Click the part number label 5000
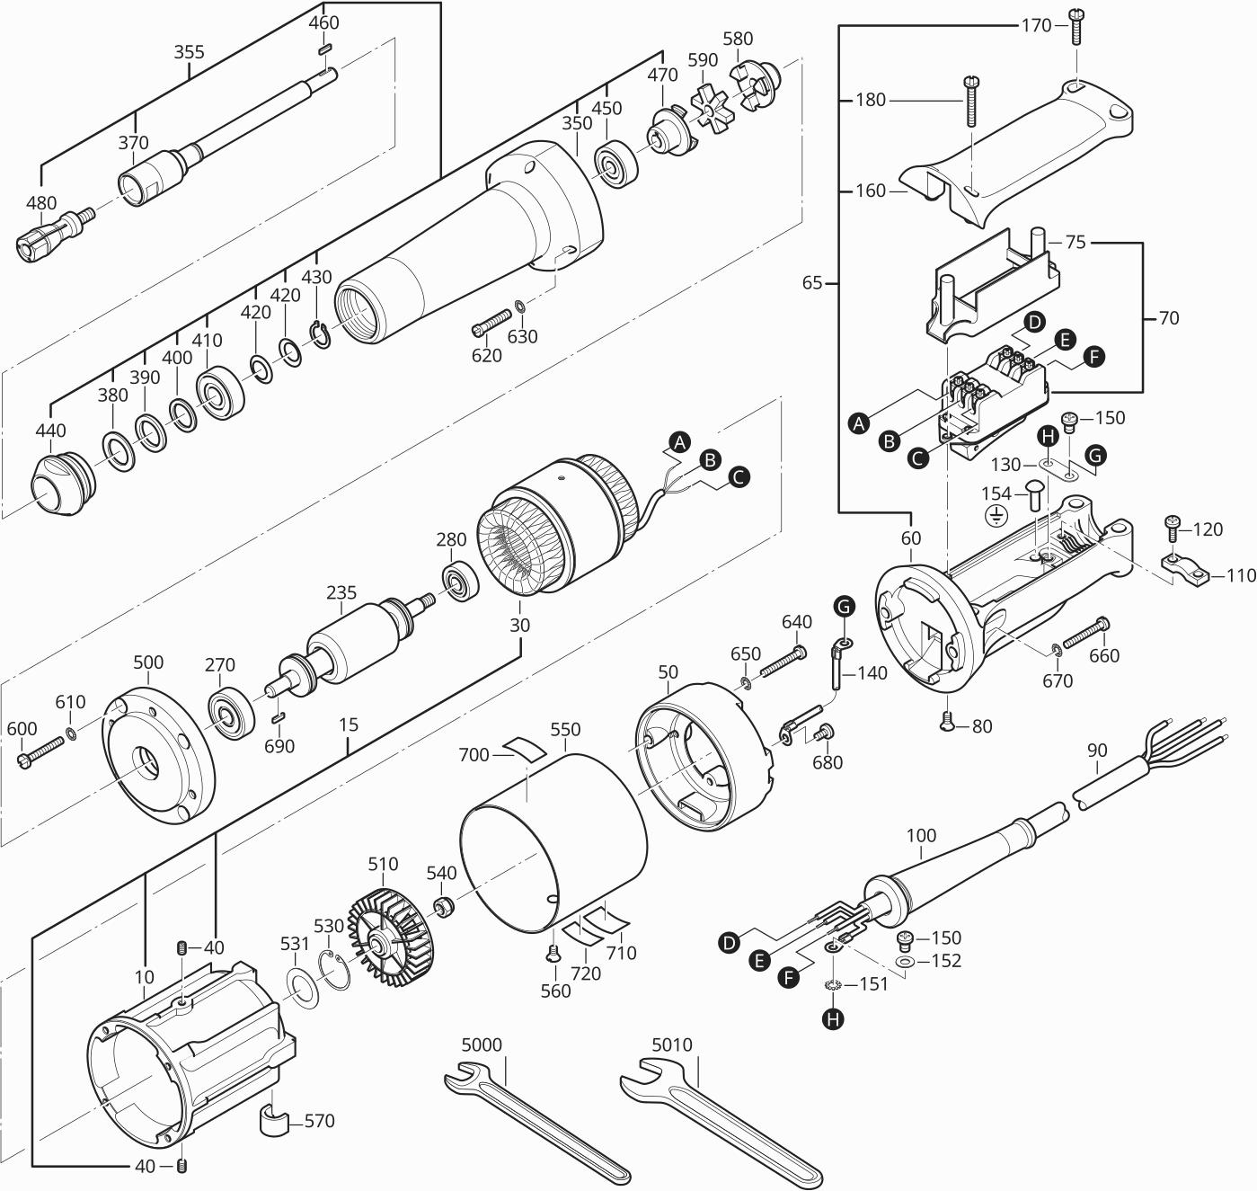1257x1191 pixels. coord(482,1044)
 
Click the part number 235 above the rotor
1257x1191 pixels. coord(341,593)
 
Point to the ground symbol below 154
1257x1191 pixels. coord(996,516)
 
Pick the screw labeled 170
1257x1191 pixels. coord(1076,26)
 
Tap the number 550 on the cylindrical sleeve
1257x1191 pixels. coord(565,729)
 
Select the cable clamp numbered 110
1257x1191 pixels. coord(1183,568)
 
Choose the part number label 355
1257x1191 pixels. coord(189,52)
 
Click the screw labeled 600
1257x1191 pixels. coord(41,751)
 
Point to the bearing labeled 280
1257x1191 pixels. coord(462,582)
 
